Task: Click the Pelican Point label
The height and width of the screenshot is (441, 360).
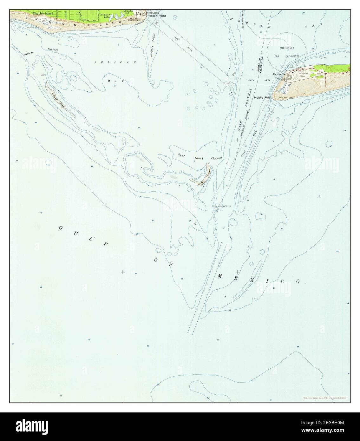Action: click(156, 16)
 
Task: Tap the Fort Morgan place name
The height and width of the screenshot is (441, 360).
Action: click(280, 74)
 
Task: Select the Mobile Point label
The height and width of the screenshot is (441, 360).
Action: click(263, 98)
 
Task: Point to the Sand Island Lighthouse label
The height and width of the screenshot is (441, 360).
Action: click(222, 206)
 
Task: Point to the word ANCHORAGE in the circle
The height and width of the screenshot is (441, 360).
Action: click(286, 48)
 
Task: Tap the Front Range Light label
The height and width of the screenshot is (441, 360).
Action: click(285, 97)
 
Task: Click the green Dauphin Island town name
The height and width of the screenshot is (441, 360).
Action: click(43, 14)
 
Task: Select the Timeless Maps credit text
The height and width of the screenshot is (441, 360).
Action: click(324, 398)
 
